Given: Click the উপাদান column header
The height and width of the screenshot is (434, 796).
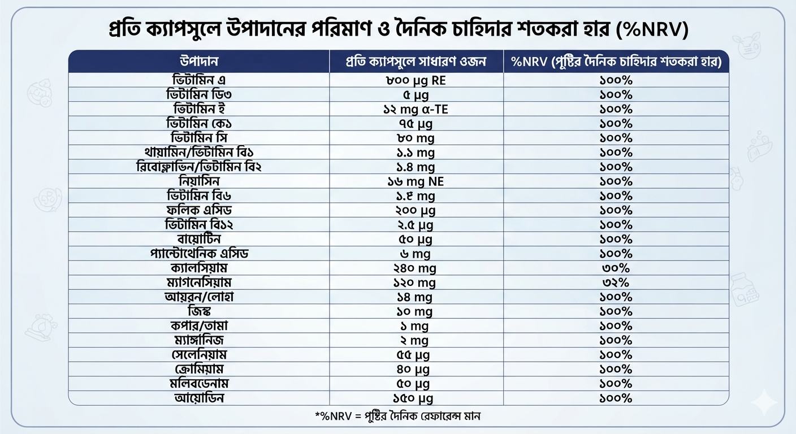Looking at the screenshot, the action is click(198, 61).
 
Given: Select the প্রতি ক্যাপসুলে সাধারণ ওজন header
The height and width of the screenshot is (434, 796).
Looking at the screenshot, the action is click(416, 61).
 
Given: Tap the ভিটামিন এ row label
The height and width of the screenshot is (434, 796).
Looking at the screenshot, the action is click(198, 80).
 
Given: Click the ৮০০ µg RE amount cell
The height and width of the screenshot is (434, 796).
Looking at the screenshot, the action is click(416, 80).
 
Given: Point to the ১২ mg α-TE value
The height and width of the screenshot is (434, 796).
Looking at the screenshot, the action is click(416, 109).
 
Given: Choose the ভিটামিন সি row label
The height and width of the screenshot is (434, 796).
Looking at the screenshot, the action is click(198, 138).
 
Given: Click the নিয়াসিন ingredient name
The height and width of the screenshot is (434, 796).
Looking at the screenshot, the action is click(199, 181).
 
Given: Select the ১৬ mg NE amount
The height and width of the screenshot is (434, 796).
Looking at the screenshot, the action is click(416, 181).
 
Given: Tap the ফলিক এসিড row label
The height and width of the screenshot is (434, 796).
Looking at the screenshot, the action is click(199, 210).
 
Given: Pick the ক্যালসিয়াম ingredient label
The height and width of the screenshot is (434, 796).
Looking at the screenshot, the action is click(199, 268).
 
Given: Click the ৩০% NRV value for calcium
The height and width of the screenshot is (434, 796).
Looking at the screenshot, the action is click(616, 268).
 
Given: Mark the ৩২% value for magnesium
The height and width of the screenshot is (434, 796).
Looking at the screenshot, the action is click(616, 283).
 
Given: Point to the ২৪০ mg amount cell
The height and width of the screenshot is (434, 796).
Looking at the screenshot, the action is click(415, 268).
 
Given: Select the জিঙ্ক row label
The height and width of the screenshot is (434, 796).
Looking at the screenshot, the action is click(199, 311).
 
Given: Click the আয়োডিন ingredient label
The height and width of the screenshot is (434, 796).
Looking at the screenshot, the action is click(199, 398).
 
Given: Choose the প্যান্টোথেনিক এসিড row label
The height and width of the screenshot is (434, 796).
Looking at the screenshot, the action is click(199, 253).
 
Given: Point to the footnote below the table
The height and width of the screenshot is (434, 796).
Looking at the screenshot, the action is click(397, 416).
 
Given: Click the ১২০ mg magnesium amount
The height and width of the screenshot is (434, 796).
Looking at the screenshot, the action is click(414, 283).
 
